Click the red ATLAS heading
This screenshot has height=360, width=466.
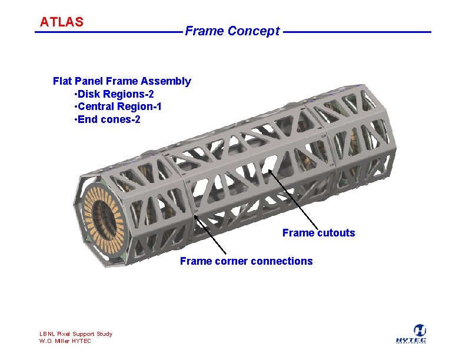[x=62, y=22]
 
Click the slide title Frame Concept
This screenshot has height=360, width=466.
[x=232, y=31]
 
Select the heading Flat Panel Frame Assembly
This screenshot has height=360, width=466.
[x=122, y=81]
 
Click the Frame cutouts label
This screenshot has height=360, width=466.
[x=318, y=233]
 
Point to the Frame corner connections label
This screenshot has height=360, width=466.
[x=247, y=261]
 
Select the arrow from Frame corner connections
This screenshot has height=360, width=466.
[x=210, y=235]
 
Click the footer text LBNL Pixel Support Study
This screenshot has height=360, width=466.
[x=76, y=334]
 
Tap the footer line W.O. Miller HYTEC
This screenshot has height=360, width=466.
[x=65, y=341]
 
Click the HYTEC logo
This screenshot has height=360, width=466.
[x=411, y=334]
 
